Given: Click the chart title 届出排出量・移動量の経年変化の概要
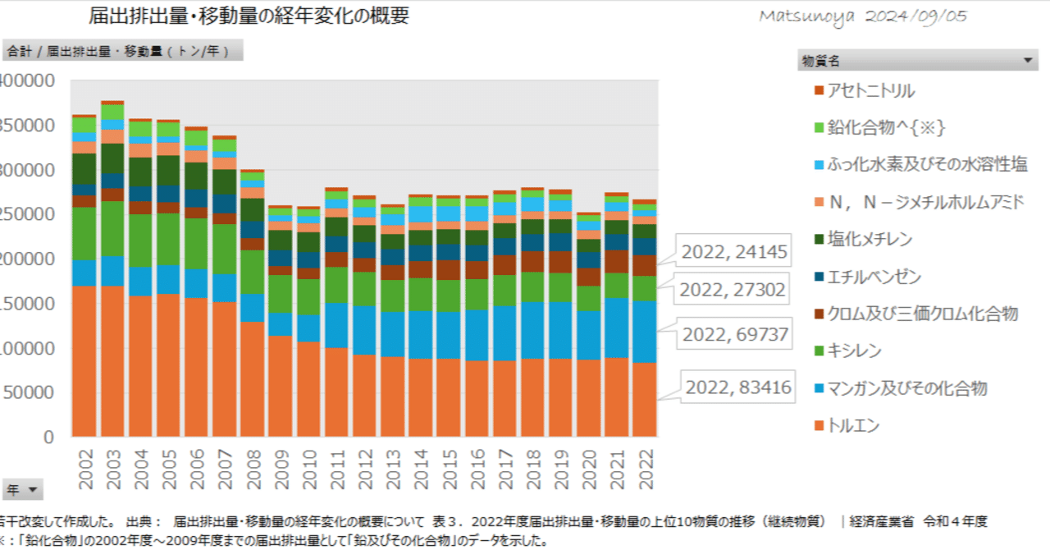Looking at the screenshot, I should (249, 17).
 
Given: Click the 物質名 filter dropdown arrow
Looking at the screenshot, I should (1029, 60).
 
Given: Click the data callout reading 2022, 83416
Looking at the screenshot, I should (737, 387).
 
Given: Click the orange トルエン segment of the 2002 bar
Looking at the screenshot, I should (84, 361).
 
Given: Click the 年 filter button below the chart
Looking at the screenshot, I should (22, 490).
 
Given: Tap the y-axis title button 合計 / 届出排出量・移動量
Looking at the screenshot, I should (123, 51).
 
